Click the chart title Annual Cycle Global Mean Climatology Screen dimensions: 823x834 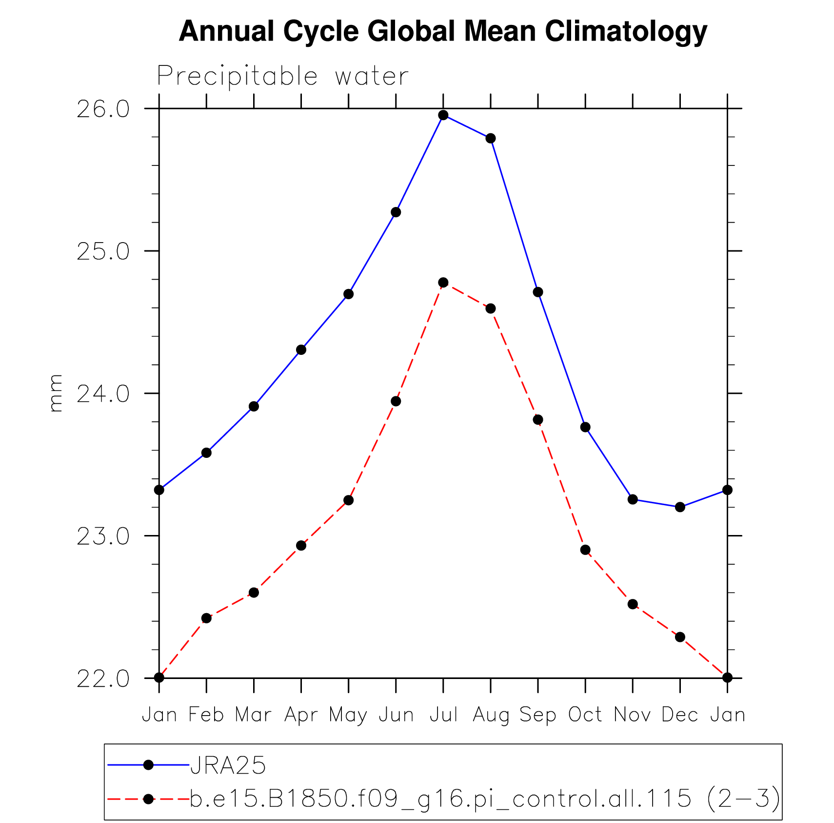click(443, 32)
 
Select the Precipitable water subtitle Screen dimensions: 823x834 click(282, 77)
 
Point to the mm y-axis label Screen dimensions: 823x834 click(56, 393)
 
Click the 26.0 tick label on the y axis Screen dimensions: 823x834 click(103, 109)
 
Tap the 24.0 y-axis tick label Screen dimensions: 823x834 click(103, 394)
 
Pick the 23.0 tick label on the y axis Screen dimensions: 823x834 click(103, 536)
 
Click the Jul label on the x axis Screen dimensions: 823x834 click(443, 715)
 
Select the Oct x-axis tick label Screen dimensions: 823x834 click(585, 715)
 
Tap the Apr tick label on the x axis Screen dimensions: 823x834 click(301, 715)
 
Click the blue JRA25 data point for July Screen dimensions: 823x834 click(443, 115)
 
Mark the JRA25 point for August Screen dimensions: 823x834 click(491, 139)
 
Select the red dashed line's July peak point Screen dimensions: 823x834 click(443, 283)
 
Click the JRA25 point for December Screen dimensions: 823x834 click(680, 507)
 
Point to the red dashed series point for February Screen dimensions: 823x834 click(206, 618)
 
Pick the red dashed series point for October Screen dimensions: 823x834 click(585, 550)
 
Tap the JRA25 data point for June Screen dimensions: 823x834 click(396, 212)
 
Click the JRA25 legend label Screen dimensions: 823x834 click(228, 765)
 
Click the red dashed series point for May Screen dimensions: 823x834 click(348, 500)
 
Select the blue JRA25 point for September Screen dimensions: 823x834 click(538, 292)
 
